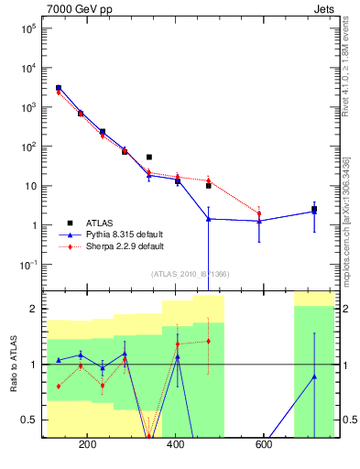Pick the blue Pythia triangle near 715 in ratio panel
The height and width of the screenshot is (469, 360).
tap(314, 376)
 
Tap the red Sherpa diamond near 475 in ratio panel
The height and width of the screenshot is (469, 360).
tap(209, 341)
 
